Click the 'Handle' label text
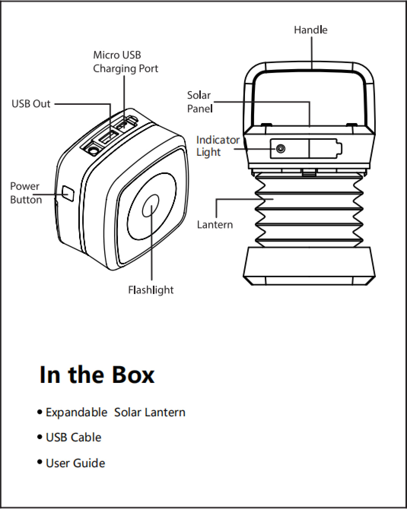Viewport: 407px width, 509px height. pos(310,30)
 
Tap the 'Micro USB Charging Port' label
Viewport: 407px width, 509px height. pos(125,62)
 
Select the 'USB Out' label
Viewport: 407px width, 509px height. pos(31,104)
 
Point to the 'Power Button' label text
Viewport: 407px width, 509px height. pos(25,193)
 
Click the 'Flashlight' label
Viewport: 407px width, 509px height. pos(151,290)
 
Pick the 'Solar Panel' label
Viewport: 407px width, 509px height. pos(199,102)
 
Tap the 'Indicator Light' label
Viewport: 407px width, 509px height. pos(218,146)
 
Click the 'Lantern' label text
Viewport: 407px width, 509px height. pos(215,224)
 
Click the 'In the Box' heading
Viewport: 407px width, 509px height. pos(97,375)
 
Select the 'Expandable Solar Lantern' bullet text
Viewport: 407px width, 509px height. pos(115,412)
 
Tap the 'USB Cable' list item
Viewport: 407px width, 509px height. pos(73,437)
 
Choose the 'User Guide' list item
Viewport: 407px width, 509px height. pos(75,463)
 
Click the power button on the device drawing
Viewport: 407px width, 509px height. pos(68,193)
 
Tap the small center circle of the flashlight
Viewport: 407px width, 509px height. pos(151,207)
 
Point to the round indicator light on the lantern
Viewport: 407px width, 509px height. pos(281,149)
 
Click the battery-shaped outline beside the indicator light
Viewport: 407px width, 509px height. pos(325,149)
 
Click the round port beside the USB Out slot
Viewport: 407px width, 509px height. pos(92,151)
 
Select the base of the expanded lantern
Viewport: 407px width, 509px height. pos(309,266)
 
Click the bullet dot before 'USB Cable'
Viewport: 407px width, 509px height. pos(40,437)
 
